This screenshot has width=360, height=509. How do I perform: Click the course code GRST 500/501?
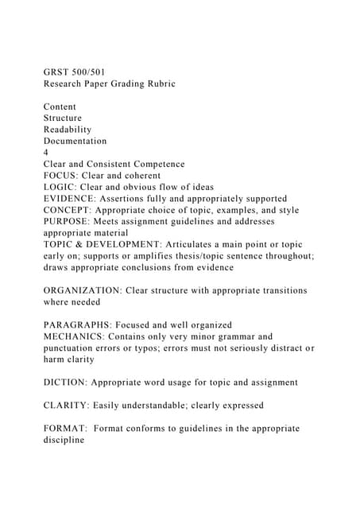(x=78, y=72)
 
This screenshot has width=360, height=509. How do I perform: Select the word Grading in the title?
(x=118, y=84)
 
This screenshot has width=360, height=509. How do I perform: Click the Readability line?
(x=68, y=130)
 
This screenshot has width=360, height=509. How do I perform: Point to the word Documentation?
(x=75, y=141)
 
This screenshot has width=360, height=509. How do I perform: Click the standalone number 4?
(x=46, y=153)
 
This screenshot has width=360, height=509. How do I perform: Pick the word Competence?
(x=156, y=164)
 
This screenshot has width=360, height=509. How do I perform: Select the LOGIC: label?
(x=62, y=187)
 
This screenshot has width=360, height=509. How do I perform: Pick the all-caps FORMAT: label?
(x=66, y=428)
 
